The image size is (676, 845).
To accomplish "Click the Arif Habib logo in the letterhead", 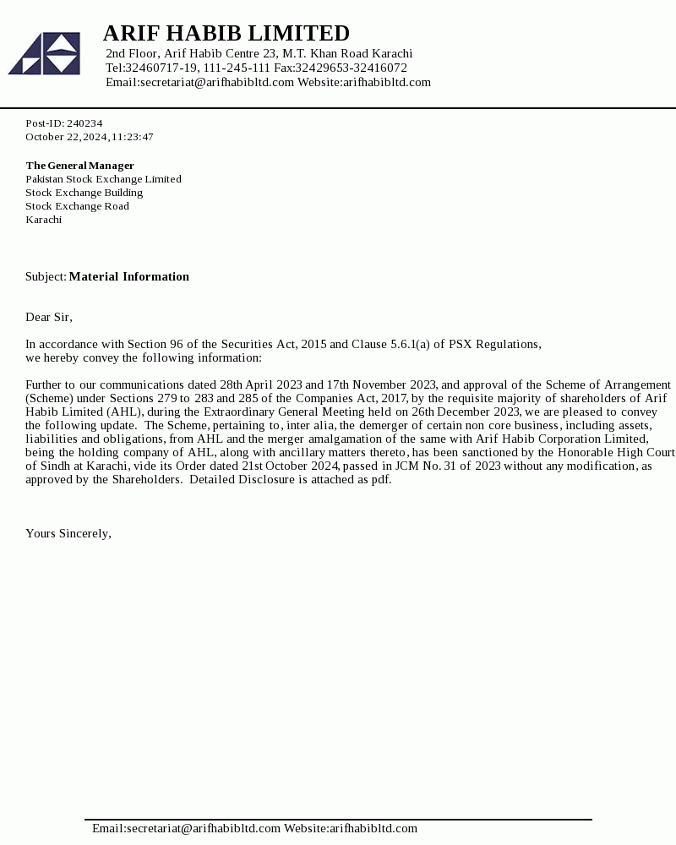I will (44, 53).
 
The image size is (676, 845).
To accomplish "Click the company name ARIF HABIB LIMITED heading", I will (226, 33).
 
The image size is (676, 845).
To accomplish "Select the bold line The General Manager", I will (79, 166).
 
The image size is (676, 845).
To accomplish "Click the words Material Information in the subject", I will (128, 276).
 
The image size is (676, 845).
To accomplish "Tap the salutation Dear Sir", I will (48, 317).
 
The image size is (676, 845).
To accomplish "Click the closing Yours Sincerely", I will (68, 533).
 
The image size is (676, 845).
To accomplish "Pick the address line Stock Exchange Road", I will (77, 206).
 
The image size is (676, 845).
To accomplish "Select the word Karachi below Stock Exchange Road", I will (43, 220).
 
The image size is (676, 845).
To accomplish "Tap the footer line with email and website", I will (254, 828).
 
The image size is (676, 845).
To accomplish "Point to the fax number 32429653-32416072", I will (351, 68).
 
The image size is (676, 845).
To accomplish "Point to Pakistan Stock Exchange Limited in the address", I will (103, 179).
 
